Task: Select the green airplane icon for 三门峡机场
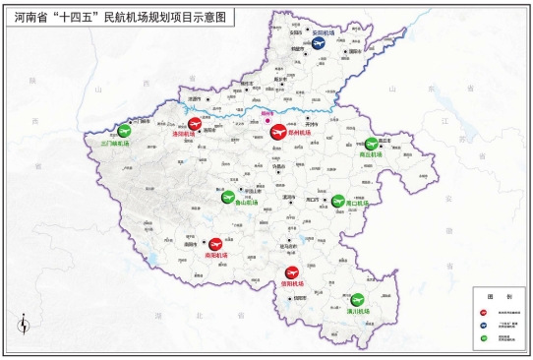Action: pyautogui.click(x=124, y=131)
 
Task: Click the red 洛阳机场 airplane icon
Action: pyautogui.click(x=195, y=124)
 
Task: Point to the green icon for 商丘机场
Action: pyautogui.click(x=371, y=144)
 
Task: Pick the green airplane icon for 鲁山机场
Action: pyautogui.click(x=228, y=197)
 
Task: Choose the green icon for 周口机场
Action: pyautogui.click(x=338, y=201)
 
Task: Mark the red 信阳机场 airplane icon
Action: pyautogui.click(x=291, y=273)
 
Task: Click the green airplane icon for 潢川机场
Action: pyautogui.click(x=356, y=299)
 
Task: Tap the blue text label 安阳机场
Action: pyautogui.click(x=325, y=32)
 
